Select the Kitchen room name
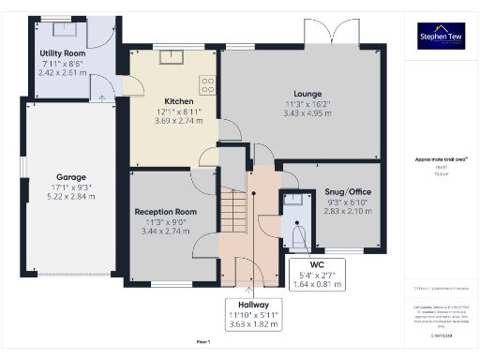178,100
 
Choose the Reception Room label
165,212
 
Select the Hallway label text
253,305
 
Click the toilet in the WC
299,234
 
